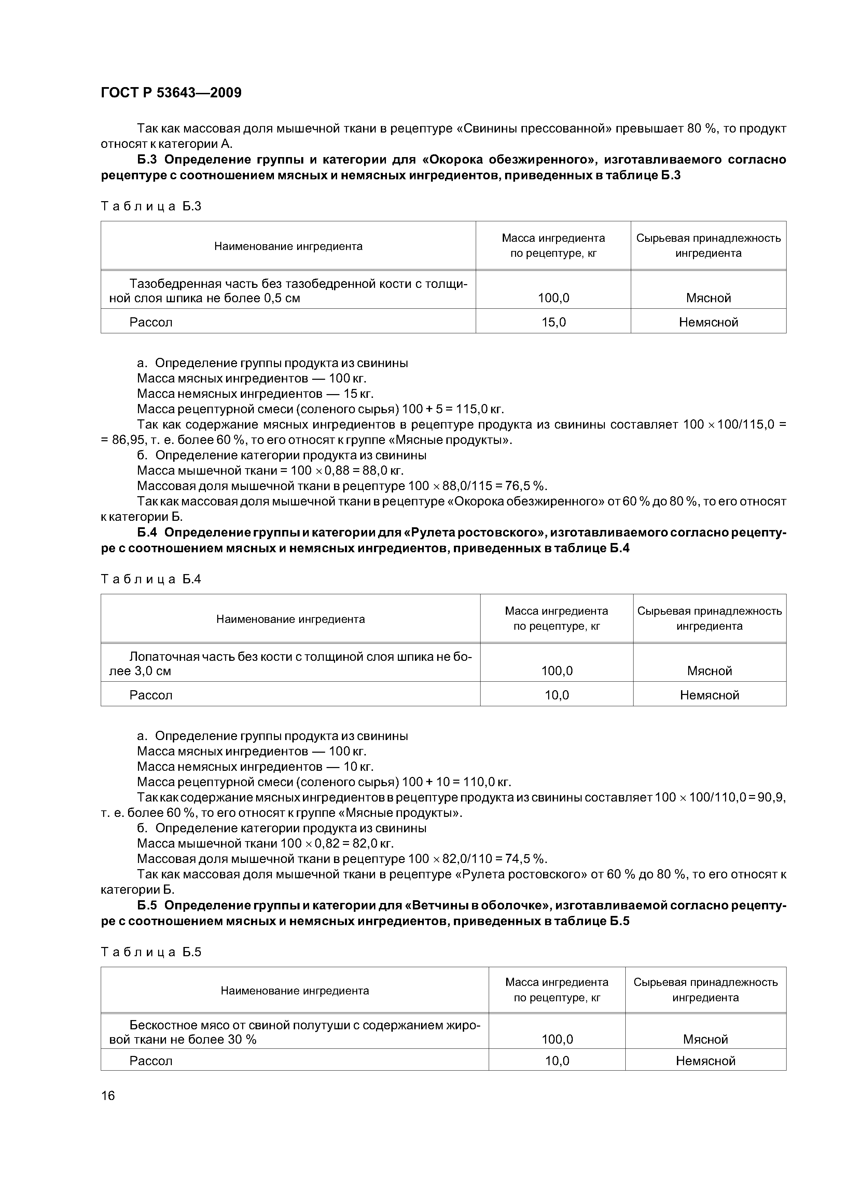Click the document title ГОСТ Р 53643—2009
point(171,93)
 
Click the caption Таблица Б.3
point(151,206)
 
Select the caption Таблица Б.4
point(151,579)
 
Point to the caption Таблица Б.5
point(151,952)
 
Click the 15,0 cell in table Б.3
point(553,322)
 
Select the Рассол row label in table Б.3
point(151,322)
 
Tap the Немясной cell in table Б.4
point(709,695)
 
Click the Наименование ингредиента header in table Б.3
point(288,246)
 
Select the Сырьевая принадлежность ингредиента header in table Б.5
point(705,990)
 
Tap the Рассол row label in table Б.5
point(151,1061)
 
